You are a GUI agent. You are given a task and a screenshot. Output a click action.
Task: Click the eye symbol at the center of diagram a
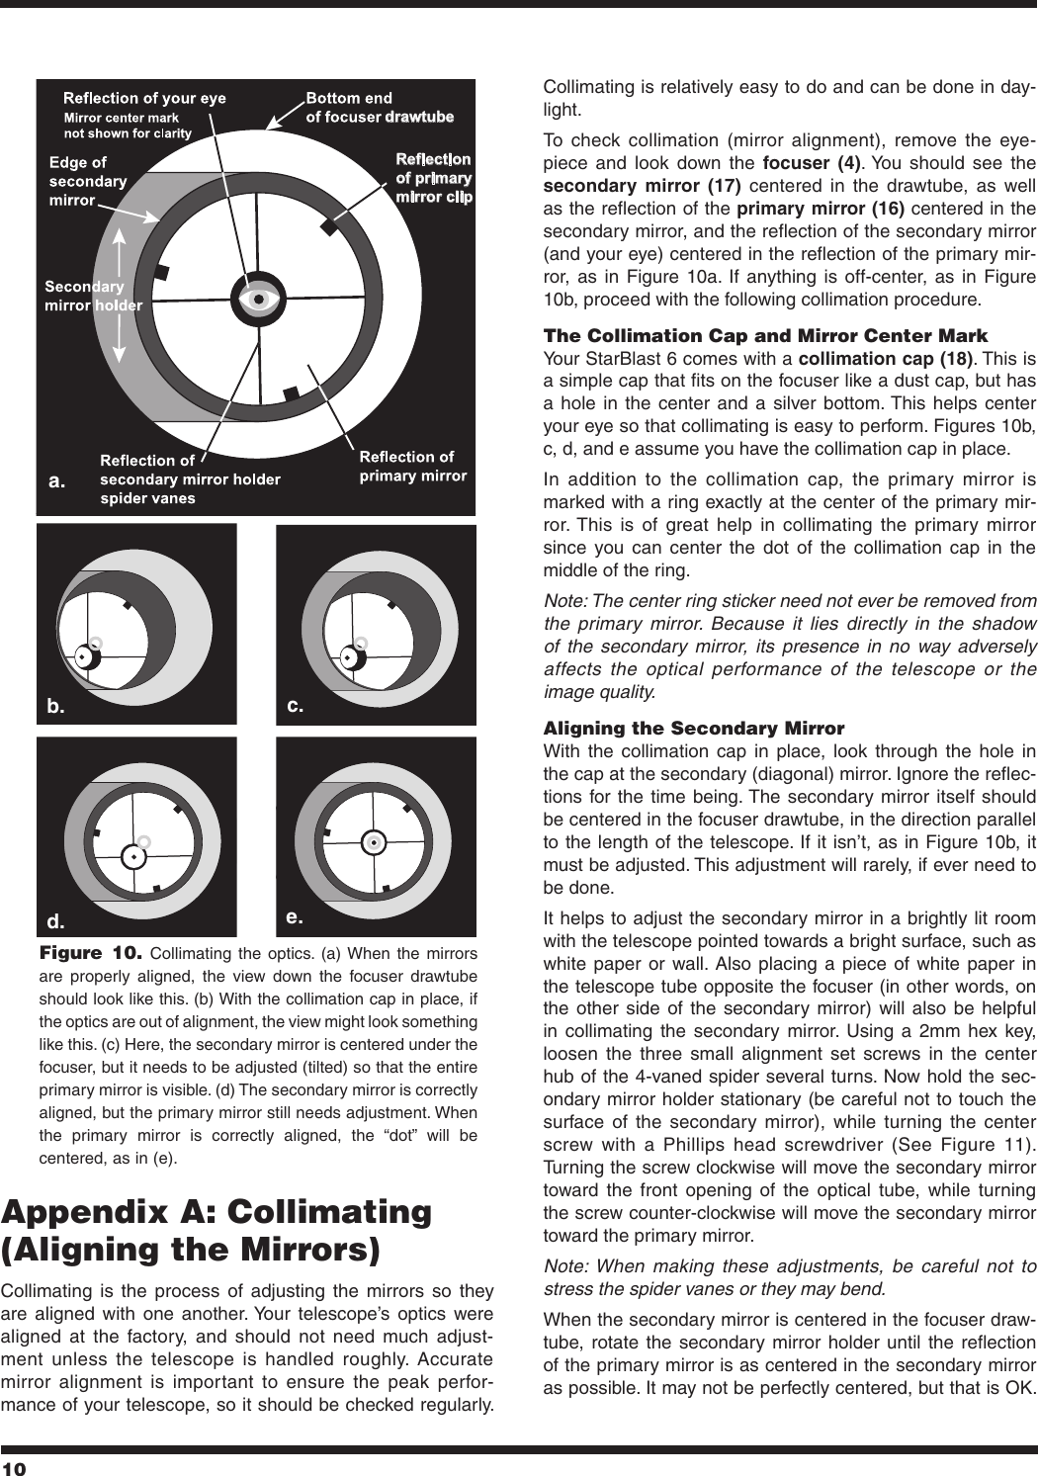point(259,298)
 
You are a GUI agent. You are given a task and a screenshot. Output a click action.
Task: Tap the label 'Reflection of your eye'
point(144,98)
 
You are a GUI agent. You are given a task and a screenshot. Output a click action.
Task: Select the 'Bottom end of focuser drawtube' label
point(380,107)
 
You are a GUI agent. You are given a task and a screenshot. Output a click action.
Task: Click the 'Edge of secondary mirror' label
point(88,181)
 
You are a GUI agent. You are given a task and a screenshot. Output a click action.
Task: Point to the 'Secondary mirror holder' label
point(94,296)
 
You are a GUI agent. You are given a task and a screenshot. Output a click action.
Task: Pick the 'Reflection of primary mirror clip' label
point(433,177)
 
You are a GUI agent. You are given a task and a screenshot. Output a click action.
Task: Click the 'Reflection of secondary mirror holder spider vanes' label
point(190,478)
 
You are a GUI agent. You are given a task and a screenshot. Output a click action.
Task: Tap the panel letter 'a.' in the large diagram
point(58,481)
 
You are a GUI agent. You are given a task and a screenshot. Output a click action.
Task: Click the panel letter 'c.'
point(295,706)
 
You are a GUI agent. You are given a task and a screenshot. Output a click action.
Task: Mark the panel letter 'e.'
point(295,917)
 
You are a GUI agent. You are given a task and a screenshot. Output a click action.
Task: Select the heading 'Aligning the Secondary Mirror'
point(694,729)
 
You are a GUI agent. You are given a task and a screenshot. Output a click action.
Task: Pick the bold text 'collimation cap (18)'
point(866,357)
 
